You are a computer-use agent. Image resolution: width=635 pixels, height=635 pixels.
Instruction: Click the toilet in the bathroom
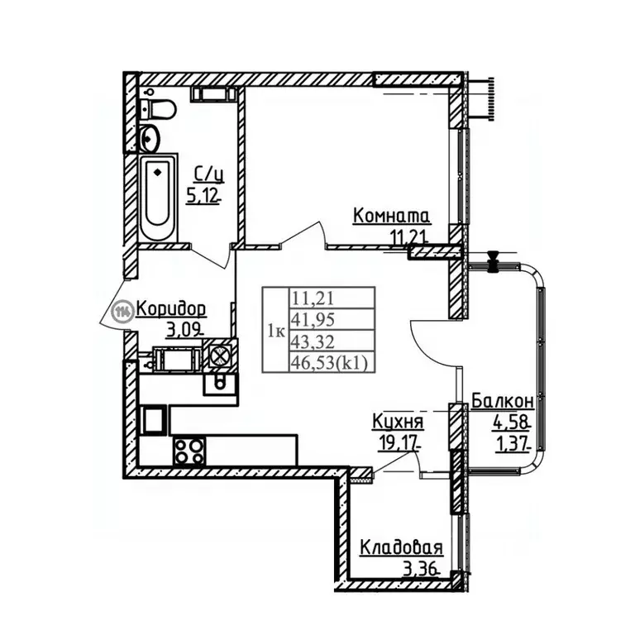coord(159,109)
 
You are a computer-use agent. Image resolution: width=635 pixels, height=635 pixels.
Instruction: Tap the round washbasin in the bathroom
coord(150,139)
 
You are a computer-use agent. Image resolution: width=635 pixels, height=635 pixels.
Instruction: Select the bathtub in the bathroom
coord(158,198)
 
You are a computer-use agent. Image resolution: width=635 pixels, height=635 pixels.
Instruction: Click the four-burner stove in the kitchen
coord(189,451)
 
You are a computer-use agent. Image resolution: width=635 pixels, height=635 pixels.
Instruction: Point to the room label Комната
coord(391,216)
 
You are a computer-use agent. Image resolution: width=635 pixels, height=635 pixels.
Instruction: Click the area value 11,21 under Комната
coord(408,236)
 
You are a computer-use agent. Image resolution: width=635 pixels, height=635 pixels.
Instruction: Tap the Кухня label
coord(398,422)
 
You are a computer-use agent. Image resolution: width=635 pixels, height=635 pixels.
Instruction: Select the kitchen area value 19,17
coord(398,442)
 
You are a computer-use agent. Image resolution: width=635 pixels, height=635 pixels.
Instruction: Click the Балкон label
coord(503,401)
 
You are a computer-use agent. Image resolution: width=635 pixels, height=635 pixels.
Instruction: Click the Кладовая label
coord(401,548)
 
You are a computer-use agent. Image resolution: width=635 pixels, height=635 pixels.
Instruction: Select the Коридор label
coord(171,309)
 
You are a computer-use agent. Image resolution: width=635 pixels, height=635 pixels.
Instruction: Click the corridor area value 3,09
coord(184,332)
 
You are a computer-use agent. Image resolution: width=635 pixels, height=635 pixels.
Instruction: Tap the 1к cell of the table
coord(276,331)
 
